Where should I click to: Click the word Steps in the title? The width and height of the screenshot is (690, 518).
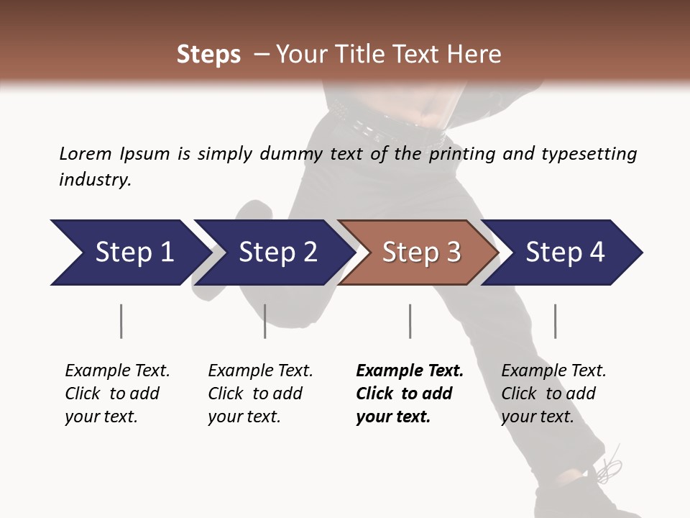208,55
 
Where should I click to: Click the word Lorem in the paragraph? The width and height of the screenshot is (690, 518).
86,153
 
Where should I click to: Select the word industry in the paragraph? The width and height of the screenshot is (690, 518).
94,180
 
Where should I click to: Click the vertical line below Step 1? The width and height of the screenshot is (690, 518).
121,321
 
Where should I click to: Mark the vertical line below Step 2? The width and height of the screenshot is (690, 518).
265,321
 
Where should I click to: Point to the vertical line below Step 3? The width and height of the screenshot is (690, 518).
410,321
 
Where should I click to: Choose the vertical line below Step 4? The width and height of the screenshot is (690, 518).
555,321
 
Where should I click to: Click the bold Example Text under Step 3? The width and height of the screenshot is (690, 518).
410,371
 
